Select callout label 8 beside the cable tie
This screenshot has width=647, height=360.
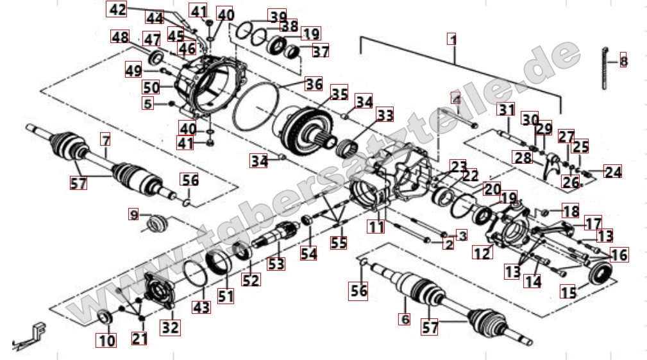623,62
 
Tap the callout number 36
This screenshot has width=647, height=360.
313,83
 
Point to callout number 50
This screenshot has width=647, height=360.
151,87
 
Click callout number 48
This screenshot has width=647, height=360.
120,37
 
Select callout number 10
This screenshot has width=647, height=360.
104,339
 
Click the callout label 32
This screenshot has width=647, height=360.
171,328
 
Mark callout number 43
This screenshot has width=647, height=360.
201,307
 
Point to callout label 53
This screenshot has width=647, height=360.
276,263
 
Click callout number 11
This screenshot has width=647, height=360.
376,226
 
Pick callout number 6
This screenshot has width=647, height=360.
404,318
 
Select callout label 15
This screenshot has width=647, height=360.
568,292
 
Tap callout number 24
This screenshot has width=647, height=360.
613,172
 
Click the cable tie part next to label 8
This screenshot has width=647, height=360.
605,67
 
